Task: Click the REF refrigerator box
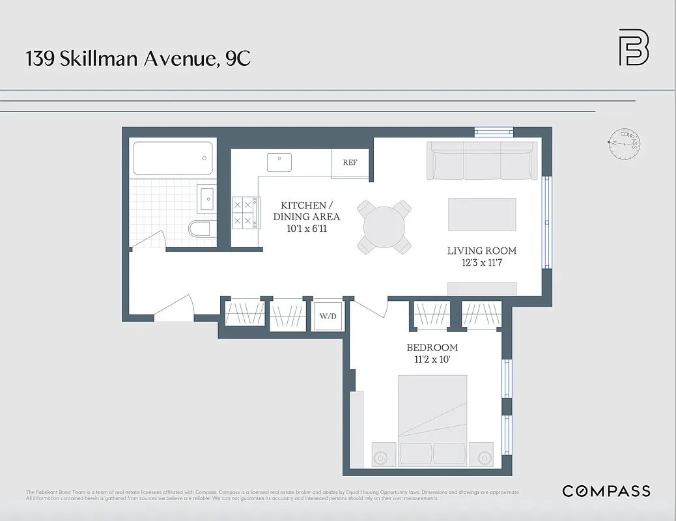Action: coord(350,163)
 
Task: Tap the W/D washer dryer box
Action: coord(328,317)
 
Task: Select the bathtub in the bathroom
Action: coord(173,158)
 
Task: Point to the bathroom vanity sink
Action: coord(206,198)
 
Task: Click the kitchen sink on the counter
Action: coord(280,162)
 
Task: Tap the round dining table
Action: coord(384,227)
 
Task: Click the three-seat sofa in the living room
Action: coord(483,161)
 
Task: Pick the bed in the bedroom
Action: coord(432,419)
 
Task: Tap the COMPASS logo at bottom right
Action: coord(606,491)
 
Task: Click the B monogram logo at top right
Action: coord(633,48)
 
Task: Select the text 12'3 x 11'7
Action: coord(482,263)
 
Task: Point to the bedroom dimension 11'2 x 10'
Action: coord(432,359)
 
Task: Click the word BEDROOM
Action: coord(432,347)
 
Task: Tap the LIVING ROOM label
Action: coord(482,251)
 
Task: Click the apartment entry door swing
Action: coord(175,308)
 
